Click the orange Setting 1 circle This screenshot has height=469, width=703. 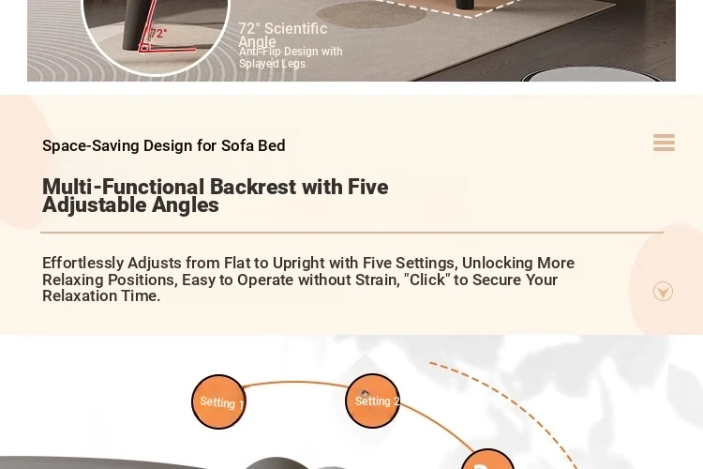(218, 401)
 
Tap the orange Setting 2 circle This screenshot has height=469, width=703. (372, 401)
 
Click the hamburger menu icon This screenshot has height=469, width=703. (664, 143)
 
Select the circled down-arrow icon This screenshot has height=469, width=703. (663, 292)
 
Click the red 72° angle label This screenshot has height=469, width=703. (158, 34)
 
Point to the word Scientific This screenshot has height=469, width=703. (296, 29)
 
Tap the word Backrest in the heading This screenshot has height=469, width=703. (253, 187)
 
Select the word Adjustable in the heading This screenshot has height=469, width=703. (94, 205)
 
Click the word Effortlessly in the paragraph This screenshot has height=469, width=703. (82, 263)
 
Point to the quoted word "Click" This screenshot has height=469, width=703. (427, 280)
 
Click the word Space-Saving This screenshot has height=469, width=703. (91, 146)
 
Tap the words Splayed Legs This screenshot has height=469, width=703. (272, 64)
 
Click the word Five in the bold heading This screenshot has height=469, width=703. (368, 187)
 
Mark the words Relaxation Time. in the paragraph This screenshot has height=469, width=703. (101, 295)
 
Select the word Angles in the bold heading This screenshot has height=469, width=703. (186, 205)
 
